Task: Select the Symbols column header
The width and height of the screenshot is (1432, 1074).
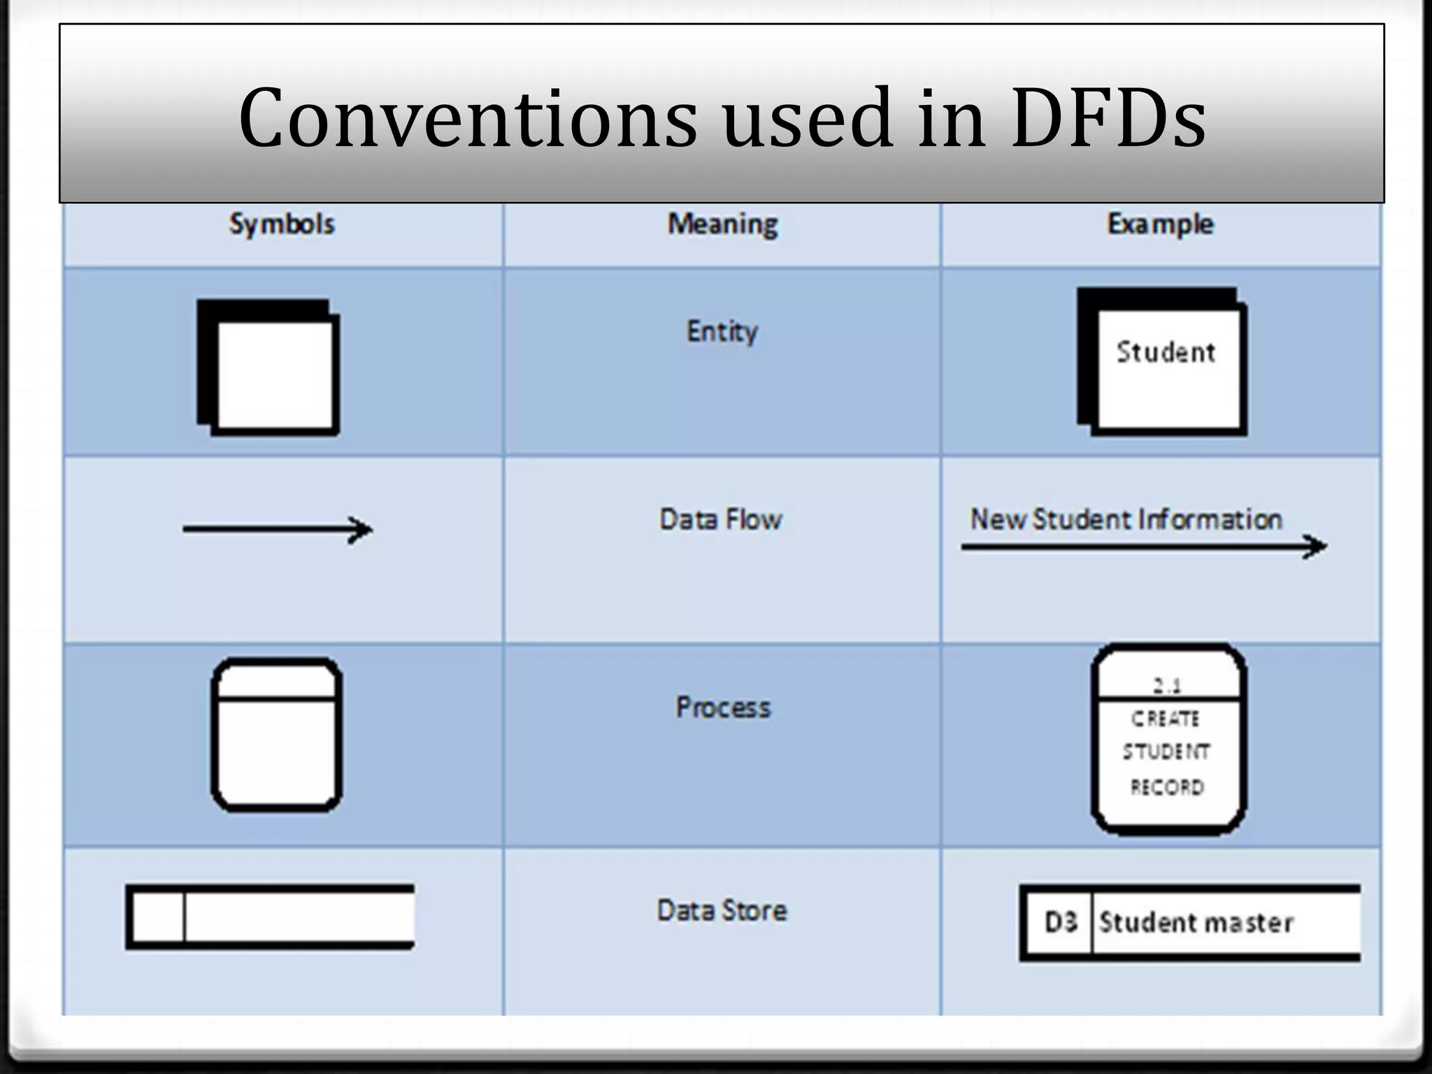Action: (282, 224)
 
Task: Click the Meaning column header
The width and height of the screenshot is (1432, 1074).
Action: (722, 224)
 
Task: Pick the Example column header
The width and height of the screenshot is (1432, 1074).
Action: (1160, 224)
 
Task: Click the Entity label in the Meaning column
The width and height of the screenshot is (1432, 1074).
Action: (722, 331)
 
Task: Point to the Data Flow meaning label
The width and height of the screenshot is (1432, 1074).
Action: (721, 520)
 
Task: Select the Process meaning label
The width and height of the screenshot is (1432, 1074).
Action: (723, 708)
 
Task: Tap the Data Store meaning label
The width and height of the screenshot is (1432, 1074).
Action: (722, 910)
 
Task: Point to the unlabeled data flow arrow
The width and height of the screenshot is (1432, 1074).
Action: (278, 530)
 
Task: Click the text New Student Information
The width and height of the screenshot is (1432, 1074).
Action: (1126, 520)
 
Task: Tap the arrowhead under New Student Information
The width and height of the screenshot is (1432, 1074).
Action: (1315, 546)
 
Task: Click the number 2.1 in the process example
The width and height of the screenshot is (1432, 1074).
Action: (1167, 686)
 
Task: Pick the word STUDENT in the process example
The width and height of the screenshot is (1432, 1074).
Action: (1166, 752)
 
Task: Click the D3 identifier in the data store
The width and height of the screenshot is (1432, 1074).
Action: (1060, 922)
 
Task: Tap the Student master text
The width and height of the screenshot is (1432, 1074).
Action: (1196, 922)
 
